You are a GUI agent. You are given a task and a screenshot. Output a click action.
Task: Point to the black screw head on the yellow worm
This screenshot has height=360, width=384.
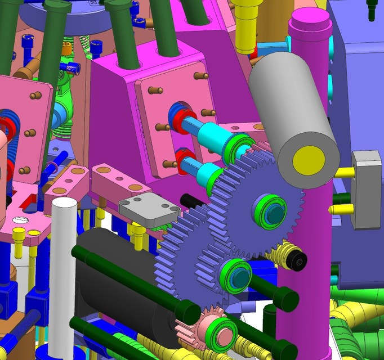(298, 259)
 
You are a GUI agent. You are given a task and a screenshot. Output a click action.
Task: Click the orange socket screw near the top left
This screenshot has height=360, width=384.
(66, 49)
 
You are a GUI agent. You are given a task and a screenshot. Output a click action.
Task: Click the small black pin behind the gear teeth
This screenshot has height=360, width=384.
(190, 200)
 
